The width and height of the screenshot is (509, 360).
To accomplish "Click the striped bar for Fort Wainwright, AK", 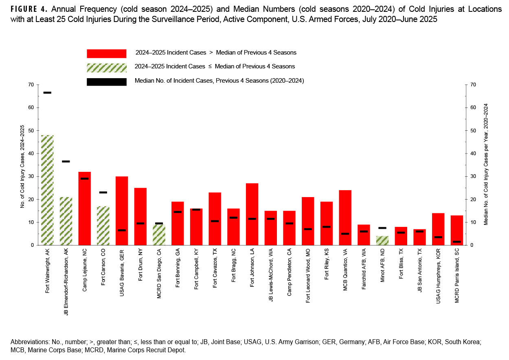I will click(47, 190).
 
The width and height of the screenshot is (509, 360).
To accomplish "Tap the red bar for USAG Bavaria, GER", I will click(122, 211).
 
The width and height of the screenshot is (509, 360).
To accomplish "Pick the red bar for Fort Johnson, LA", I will click(252, 214).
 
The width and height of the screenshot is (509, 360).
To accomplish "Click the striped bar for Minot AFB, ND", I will click(382, 240).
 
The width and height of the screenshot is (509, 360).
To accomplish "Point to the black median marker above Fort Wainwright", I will click(47, 93).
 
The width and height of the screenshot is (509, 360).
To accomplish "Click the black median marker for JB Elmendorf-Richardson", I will click(66, 162).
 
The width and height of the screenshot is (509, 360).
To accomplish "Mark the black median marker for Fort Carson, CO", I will click(103, 193).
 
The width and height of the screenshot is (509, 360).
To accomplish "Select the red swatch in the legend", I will click(106, 53).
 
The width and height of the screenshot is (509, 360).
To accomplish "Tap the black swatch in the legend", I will click(106, 81).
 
